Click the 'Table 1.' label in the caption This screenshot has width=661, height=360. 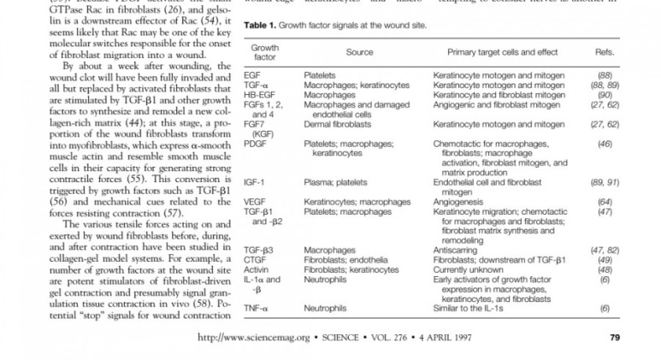[x=263, y=25]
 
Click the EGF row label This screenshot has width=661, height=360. [x=252, y=75]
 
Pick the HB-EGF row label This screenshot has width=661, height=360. [x=257, y=94]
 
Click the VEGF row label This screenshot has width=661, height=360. [x=255, y=202]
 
